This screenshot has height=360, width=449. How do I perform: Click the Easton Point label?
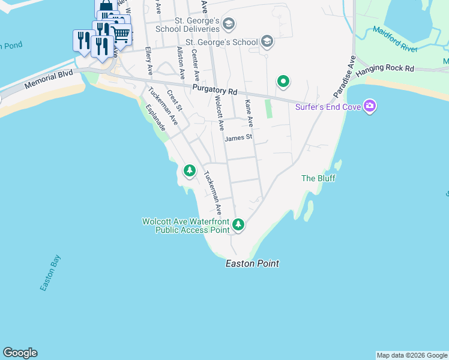(x=252, y=263)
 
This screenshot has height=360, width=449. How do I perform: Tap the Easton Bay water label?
(x=51, y=274)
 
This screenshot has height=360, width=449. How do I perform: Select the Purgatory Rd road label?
(x=215, y=91)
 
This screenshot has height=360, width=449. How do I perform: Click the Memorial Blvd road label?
(x=49, y=82)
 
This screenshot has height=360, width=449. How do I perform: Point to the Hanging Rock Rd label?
(x=385, y=70)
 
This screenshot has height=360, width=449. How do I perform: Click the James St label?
(x=238, y=138)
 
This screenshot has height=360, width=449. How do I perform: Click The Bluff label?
(x=318, y=178)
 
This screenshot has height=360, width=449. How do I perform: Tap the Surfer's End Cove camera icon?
(x=370, y=107)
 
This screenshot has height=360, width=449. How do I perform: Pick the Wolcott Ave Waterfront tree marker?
(x=239, y=225)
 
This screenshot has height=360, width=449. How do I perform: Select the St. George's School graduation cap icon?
(x=268, y=42)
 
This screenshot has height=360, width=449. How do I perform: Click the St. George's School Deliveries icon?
(x=228, y=24)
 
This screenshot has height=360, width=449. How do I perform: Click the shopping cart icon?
(x=121, y=34)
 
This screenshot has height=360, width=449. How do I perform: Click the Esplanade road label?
(x=155, y=118)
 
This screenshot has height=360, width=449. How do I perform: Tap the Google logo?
(x=20, y=353)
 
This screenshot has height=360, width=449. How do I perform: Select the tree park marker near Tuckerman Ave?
(x=190, y=171)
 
